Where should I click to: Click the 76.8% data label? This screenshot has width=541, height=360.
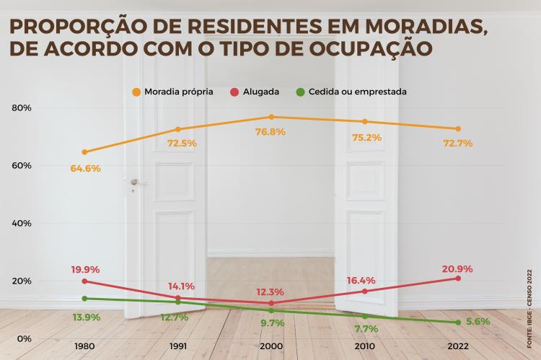pos(271,132)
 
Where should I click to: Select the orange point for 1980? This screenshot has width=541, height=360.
pos(84,152)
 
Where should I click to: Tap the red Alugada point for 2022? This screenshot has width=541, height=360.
pos(458,278)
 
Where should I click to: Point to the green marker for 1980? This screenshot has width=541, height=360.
pos(84,299)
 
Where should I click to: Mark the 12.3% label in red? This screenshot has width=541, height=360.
pos(271,292)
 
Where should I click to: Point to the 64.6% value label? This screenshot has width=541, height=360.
pos(84,168)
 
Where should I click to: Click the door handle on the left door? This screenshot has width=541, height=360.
pos(134,184)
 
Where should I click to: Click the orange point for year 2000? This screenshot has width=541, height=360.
pos(271,117)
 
